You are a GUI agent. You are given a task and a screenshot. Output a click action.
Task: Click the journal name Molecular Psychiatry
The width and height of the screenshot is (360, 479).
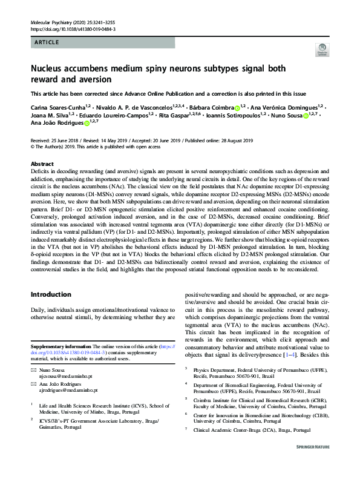[x=51, y=22]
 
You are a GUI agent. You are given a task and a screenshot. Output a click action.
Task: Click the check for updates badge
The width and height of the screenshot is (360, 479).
[x=321, y=50]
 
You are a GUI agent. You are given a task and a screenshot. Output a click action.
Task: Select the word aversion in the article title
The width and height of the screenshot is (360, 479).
[x=97, y=80]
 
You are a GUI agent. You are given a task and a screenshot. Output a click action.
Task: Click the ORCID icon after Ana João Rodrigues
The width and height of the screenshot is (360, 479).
[x=87, y=124]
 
